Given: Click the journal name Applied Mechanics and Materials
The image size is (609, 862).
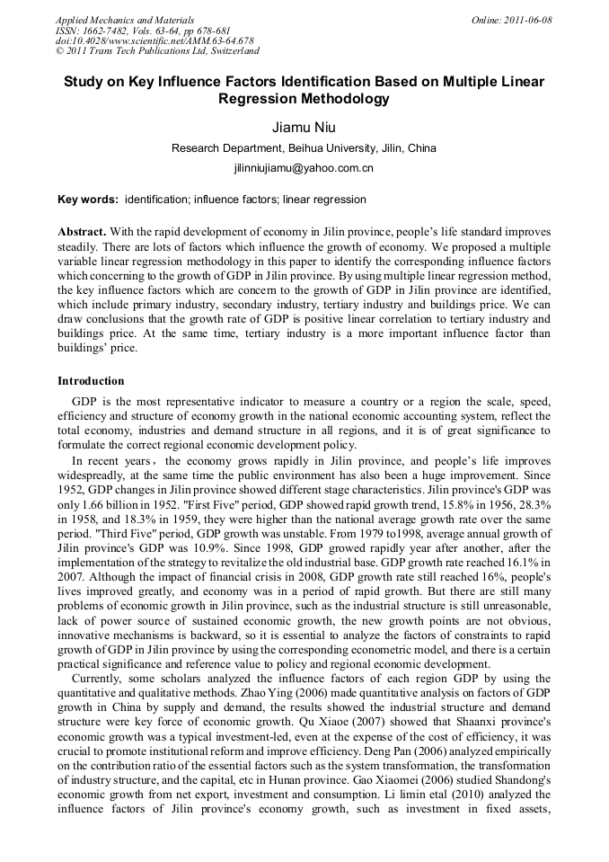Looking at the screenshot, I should tap(125, 20).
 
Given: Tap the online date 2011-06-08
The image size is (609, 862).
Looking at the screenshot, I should tap(526, 20).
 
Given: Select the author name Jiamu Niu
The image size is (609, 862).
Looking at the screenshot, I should tap(304, 128).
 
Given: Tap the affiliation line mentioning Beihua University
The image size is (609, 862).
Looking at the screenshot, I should tap(304, 148).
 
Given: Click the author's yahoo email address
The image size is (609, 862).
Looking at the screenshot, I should tap(304, 168).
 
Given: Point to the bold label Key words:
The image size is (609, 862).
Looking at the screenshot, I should tap(87, 200).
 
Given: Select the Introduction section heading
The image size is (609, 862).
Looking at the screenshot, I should tap(91, 381).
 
